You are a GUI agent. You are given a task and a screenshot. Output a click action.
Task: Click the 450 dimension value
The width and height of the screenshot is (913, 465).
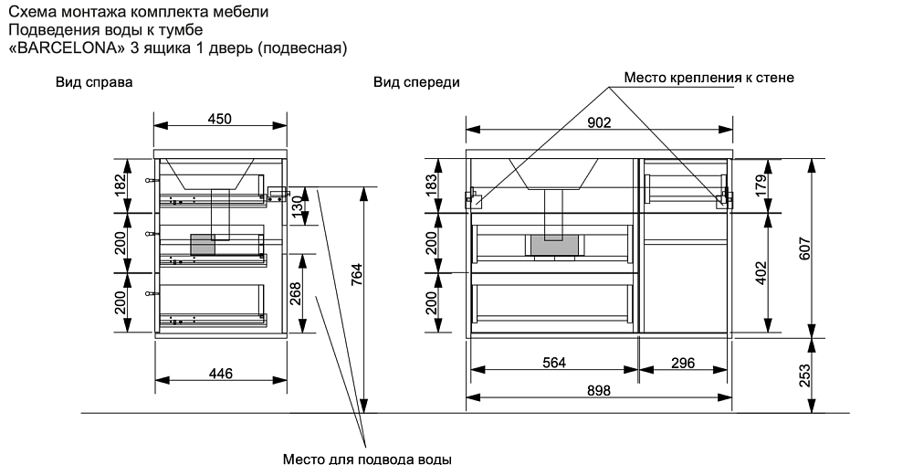tap(220, 118)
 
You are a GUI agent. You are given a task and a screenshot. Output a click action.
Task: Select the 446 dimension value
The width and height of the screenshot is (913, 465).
tap(220, 373)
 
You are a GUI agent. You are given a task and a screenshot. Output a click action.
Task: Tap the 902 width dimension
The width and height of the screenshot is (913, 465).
tap(598, 122)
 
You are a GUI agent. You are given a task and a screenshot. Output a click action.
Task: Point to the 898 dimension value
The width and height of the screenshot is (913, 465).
tap(598, 390)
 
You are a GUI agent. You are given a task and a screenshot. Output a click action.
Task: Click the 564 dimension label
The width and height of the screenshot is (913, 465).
tap(554, 363)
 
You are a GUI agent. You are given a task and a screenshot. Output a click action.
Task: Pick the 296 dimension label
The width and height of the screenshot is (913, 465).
tap(682, 363)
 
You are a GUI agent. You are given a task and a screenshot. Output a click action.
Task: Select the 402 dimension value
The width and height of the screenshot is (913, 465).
tap(761, 273)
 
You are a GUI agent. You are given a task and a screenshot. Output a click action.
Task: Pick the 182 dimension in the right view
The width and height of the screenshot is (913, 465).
tap(119, 185)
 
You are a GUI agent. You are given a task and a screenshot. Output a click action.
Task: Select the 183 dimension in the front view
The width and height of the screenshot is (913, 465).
tap(432, 185)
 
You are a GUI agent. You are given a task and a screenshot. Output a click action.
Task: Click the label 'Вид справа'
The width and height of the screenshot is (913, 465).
tap(95, 82)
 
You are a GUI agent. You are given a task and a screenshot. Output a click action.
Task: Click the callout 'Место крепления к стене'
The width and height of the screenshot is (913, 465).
tap(708, 78)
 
